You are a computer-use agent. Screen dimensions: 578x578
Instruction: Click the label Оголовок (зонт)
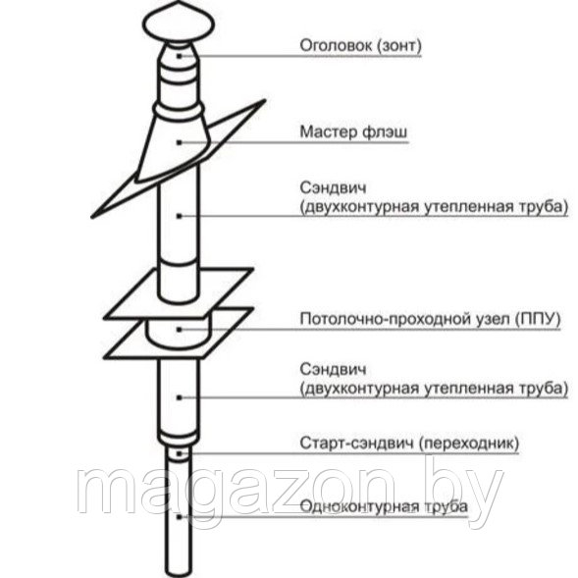tap(360, 45)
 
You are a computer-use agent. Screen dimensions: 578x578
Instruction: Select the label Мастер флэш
tap(354, 131)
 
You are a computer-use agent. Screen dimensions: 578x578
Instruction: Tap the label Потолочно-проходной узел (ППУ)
tap(430, 319)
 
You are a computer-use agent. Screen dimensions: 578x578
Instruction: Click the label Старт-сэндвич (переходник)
tap(409, 443)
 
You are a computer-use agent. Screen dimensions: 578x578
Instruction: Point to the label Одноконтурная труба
tap(384, 506)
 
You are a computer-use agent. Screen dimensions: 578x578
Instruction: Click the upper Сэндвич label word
tap(333, 187)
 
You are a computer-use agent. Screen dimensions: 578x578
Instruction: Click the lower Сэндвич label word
tap(333, 369)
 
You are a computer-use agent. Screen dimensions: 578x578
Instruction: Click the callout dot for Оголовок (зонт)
tap(180, 56)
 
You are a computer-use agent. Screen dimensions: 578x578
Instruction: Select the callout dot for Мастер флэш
tap(180, 142)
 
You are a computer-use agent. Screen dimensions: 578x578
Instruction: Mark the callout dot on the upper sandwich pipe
tap(180, 216)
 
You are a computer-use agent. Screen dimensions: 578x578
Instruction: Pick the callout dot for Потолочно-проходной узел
tap(180, 330)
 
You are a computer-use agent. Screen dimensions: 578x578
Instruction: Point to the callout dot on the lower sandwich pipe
tap(180, 397)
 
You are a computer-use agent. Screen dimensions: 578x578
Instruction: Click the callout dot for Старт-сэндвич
tap(180, 453)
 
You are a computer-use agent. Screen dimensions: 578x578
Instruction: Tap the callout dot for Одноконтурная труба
tap(180, 517)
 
